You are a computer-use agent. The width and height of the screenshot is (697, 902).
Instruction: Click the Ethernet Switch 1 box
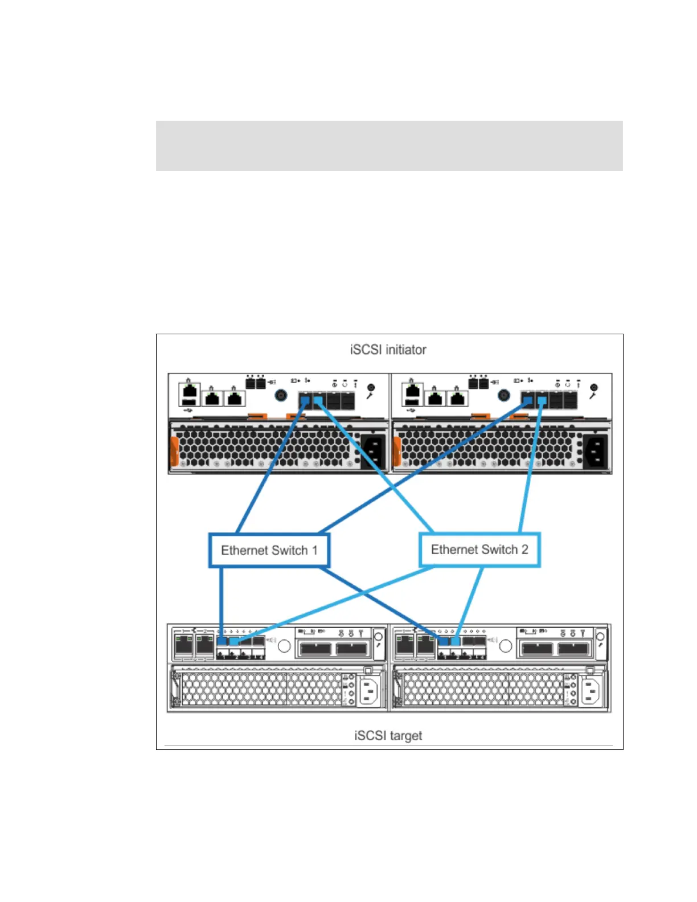(269, 550)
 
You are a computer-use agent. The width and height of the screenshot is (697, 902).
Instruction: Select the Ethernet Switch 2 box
(479, 550)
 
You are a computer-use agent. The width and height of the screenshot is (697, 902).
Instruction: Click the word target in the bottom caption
(405, 736)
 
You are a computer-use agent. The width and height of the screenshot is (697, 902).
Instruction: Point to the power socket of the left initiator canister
(372, 452)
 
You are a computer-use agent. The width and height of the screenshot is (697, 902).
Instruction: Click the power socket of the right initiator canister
(596, 452)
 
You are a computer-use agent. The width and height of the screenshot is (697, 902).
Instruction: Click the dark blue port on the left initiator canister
(306, 401)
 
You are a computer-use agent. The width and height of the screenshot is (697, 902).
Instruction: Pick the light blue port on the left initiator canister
(318, 401)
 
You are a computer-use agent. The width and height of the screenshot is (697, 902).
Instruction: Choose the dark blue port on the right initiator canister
(529, 401)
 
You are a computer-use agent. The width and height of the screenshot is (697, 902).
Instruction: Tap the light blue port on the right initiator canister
(542, 401)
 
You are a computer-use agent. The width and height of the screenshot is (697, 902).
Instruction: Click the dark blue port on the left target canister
(222, 641)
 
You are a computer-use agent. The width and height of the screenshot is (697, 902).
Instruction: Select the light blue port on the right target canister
(456, 641)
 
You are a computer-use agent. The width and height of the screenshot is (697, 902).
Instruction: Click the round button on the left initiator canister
(281, 395)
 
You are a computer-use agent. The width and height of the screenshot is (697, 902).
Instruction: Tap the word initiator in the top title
(405, 350)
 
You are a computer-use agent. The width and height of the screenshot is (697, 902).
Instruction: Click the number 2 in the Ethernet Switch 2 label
(524, 550)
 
